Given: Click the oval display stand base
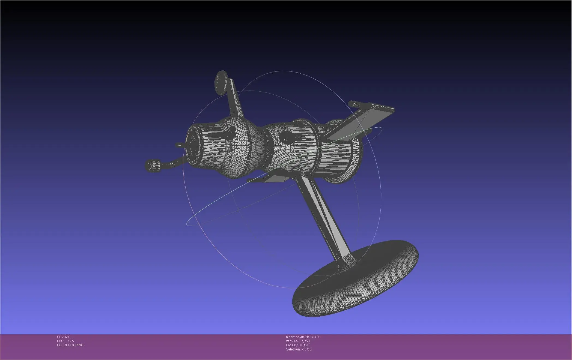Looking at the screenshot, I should (355, 281).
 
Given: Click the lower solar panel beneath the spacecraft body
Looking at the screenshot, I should (270, 179).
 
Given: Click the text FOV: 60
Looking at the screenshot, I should (63, 337).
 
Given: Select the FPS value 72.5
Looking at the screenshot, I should (70, 341).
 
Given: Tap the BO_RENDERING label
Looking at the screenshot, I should (70, 345).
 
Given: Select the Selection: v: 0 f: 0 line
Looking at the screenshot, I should (299, 349).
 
